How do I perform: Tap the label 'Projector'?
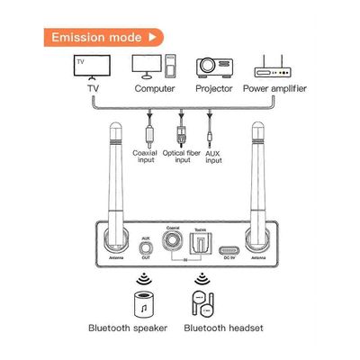pos(212,89)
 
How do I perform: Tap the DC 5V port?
pos(229,249)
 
